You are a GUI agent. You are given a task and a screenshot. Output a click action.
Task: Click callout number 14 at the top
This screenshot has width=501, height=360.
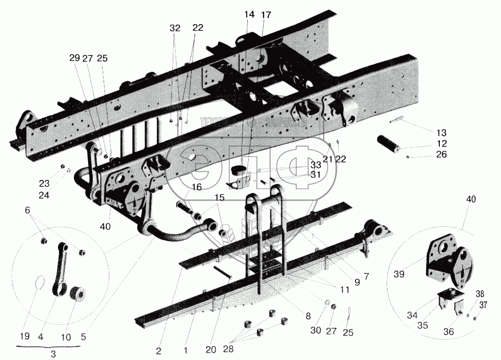click(x=249, y=15)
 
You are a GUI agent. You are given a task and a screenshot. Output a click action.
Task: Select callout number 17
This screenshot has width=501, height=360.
click(x=266, y=15)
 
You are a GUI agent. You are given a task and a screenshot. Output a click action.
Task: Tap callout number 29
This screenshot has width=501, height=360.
click(x=74, y=58)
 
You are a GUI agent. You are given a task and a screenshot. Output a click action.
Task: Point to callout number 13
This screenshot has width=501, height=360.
click(x=441, y=133)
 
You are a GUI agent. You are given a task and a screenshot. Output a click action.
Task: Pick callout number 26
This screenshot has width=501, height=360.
click(x=441, y=155)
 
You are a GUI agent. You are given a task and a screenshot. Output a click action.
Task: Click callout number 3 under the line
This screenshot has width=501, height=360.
click(x=53, y=354)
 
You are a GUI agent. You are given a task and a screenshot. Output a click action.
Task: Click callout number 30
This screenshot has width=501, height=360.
click(x=316, y=331)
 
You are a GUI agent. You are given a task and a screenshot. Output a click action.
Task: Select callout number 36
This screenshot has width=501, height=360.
click(x=448, y=332)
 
